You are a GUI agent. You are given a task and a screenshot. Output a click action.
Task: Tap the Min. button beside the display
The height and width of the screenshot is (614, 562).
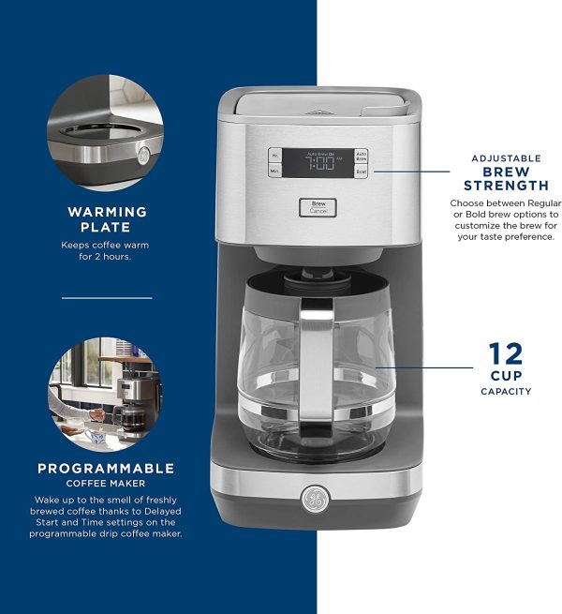275,172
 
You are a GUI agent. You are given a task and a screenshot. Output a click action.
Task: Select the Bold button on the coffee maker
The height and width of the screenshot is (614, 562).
361,172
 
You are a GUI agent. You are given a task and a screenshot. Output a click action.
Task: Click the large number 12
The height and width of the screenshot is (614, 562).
506,355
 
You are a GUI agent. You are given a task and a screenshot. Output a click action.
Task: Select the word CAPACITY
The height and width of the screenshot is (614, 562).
506,391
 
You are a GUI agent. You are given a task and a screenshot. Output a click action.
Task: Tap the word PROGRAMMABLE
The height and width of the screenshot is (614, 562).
106,468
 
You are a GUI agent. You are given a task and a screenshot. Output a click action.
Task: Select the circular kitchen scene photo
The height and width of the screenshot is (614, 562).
106,392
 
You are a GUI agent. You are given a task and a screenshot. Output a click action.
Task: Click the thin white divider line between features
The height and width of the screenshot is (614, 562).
107,298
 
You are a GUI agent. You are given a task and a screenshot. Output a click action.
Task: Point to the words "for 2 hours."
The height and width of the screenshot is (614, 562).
107,256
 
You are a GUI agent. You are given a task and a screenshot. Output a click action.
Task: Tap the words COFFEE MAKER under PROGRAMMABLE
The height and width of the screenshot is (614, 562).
106,484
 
